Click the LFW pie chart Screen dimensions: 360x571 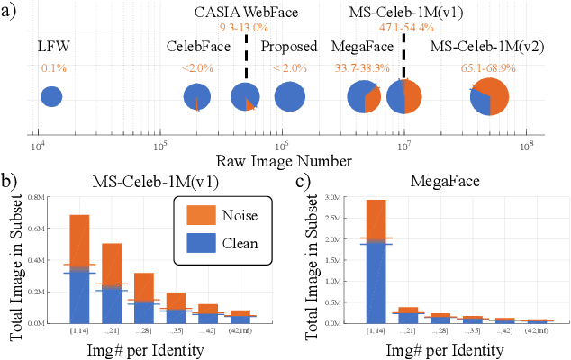(51, 97)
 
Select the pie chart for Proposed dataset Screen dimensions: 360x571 (290, 97)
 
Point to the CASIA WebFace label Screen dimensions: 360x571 (245, 12)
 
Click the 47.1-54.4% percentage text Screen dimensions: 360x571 (403, 28)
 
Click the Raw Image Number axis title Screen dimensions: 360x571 (283, 161)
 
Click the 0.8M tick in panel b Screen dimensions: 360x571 (55, 196)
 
